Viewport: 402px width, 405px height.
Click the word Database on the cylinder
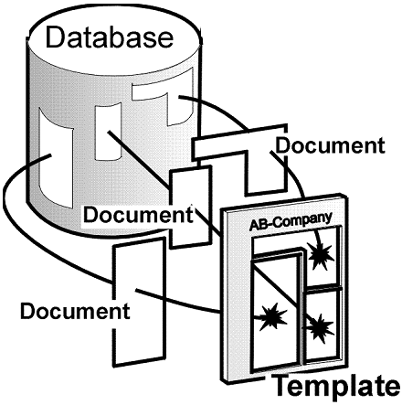point(110,37)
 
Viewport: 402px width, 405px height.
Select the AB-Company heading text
point(291,220)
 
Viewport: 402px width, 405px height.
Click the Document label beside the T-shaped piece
point(330,145)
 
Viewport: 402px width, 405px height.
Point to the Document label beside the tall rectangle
point(75,311)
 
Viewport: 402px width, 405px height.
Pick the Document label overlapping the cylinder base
point(138,214)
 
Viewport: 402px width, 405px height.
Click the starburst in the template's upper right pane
point(321,255)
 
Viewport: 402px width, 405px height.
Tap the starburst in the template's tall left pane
point(272,317)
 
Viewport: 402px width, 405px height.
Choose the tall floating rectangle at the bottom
point(139,302)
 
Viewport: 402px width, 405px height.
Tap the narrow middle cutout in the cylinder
point(107,132)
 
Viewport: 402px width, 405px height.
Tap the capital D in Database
point(55,37)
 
